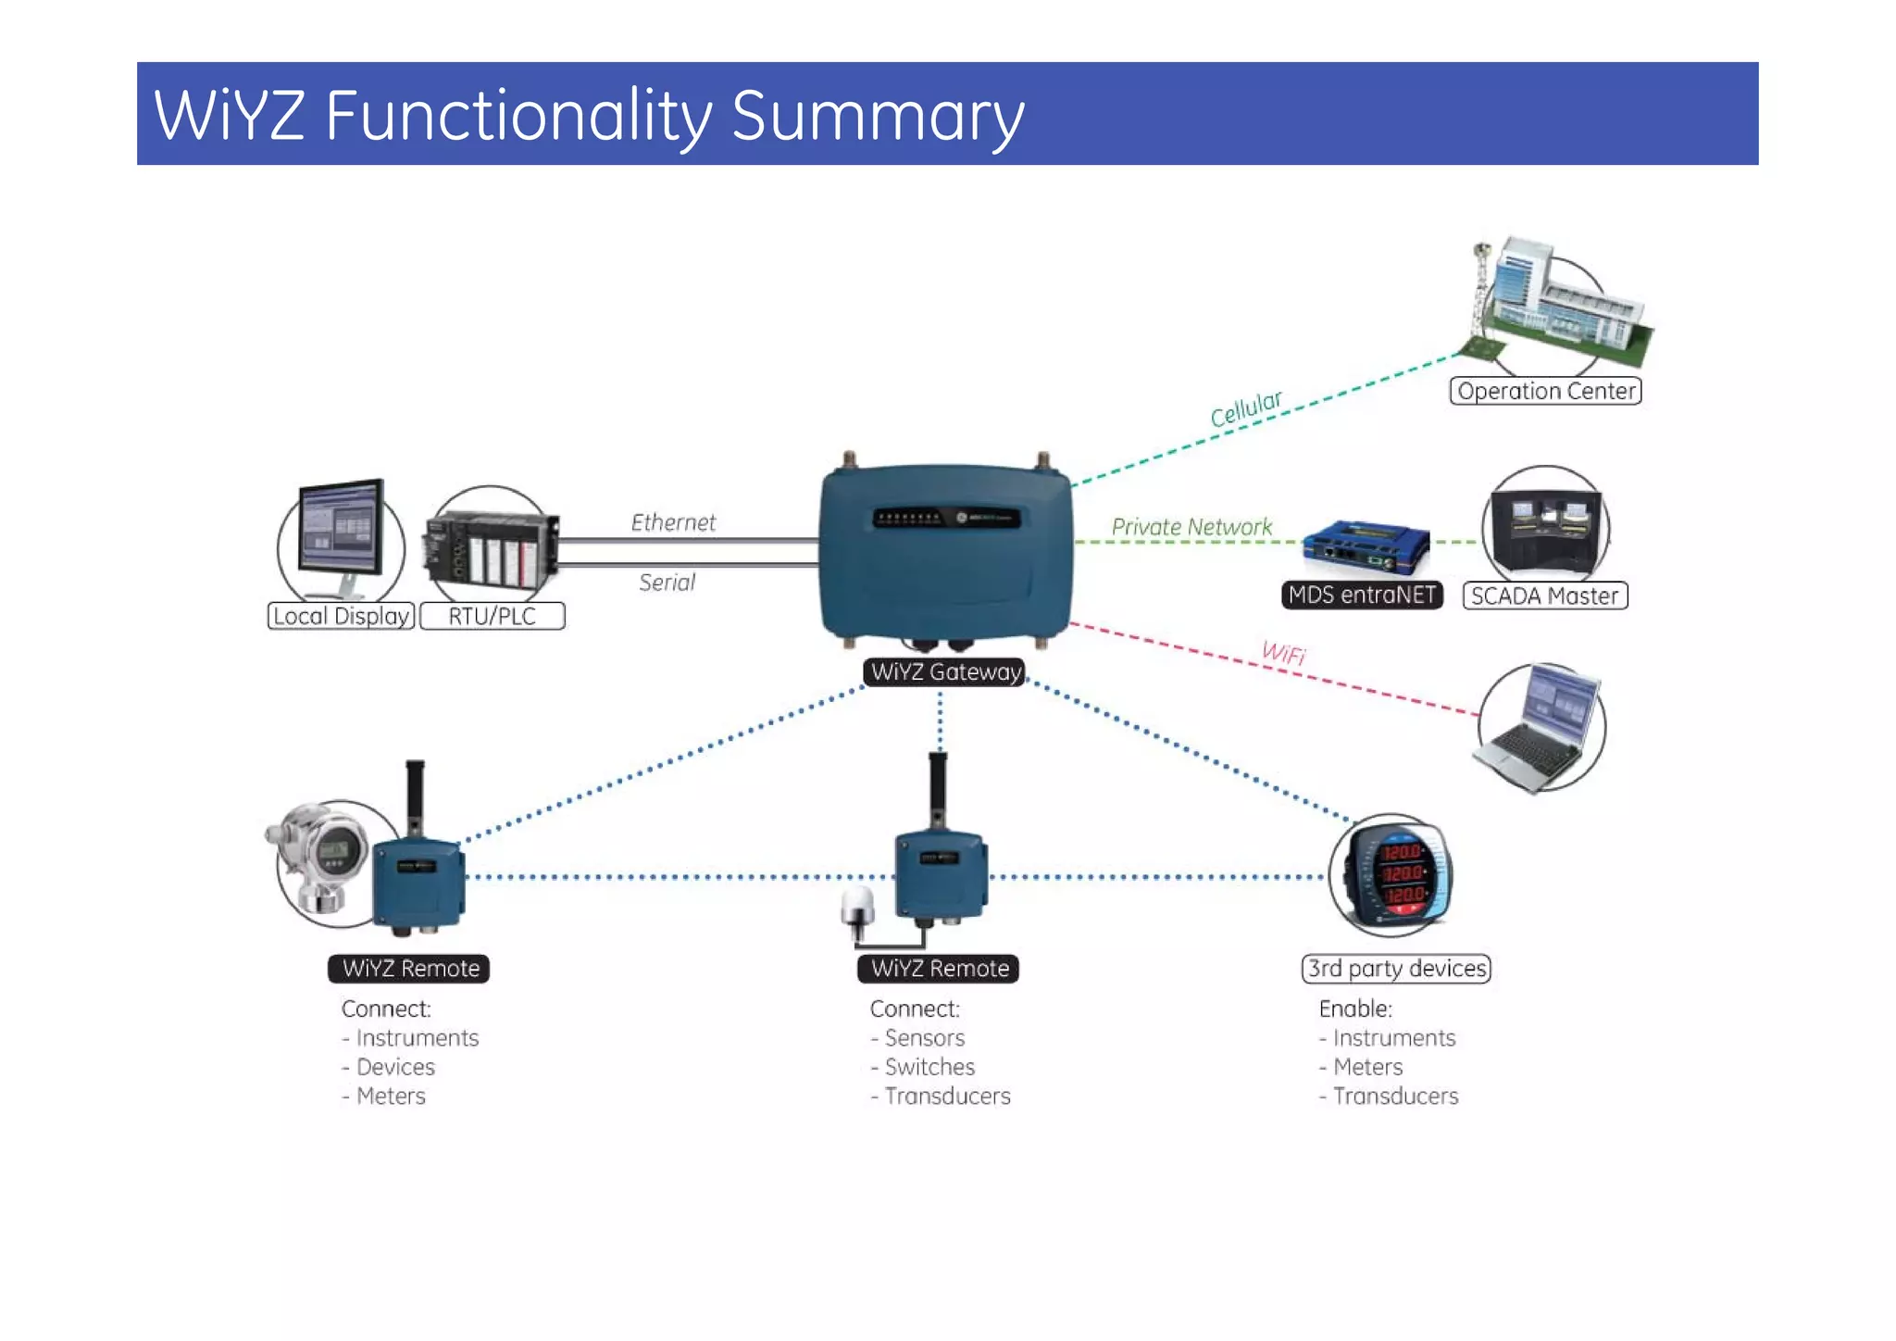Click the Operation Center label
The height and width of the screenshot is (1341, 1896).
click(x=1545, y=391)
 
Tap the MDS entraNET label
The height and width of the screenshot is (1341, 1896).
click(x=1362, y=595)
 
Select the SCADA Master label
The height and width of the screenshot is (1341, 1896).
click(x=1544, y=595)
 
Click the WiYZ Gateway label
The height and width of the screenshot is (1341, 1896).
click(x=945, y=671)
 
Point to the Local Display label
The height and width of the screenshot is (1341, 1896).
click(x=341, y=616)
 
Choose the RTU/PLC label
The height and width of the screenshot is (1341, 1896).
click(x=492, y=616)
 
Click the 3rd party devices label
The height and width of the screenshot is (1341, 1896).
click(x=1396, y=969)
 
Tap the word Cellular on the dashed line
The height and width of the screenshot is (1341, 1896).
click(x=1245, y=408)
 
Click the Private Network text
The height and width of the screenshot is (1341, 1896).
click(x=1191, y=527)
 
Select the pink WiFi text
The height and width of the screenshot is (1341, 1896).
click(x=1283, y=653)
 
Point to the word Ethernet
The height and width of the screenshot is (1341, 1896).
click(x=673, y=522)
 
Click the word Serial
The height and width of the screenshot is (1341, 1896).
click(x=667, y=583)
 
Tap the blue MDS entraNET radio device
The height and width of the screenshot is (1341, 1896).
click(x=1366, y=548)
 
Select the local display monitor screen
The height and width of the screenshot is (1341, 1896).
click(x=341, y=530)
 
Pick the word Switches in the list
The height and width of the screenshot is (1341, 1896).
click(x=929, y=1067)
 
